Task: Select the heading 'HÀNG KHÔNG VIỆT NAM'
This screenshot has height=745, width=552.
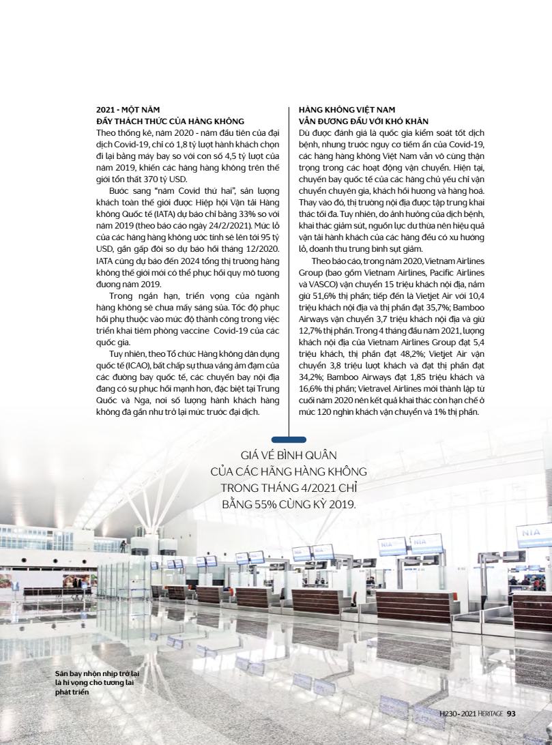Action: click(x=347, y=109)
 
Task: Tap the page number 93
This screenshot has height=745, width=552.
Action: click(x=512, y=714)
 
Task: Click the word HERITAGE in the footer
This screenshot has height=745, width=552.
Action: click(x=490, y=714)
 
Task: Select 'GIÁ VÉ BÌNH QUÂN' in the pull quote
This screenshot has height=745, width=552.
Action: click(x=289, y=455)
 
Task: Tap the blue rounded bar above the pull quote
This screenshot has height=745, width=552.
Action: click(x=289, y=440)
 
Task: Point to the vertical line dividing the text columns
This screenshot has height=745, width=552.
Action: click(x=289, y=273)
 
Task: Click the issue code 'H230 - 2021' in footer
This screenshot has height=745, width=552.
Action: click(x=458, y=714)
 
